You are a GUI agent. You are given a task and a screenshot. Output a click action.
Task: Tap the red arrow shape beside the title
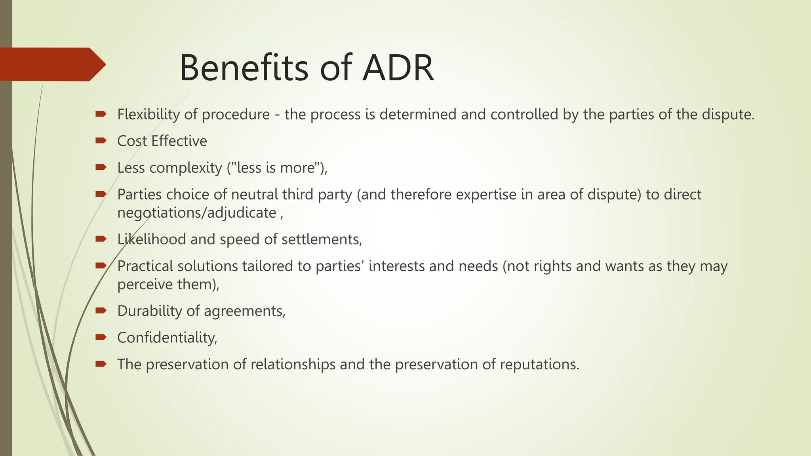51,65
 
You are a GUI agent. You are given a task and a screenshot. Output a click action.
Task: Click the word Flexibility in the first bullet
148,114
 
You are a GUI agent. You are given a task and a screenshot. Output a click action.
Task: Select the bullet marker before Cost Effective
101,141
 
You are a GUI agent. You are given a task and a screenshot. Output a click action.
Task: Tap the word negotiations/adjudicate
197,213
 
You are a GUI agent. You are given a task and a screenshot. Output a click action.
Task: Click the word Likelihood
151,239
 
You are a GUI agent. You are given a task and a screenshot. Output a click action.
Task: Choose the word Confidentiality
166,338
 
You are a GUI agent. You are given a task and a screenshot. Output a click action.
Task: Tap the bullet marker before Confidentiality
101,337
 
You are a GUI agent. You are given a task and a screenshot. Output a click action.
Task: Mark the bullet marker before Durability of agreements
101,310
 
